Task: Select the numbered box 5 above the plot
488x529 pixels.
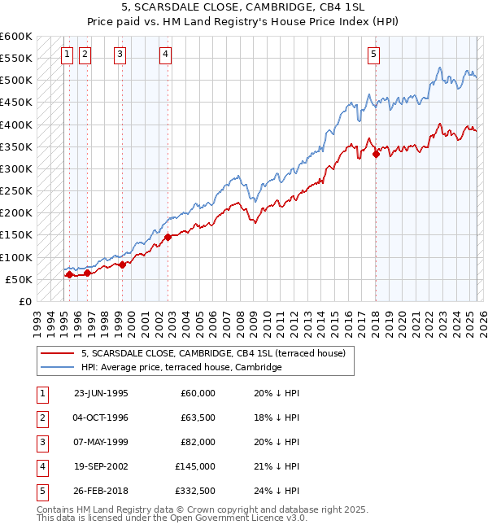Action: (x=373, y=55)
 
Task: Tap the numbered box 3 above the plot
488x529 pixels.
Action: (x=120, y=55)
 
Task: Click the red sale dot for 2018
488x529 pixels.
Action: (x=376, y=154)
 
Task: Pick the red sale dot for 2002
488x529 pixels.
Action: (x=168, y=237)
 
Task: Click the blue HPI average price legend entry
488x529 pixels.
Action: (x=181, y=367)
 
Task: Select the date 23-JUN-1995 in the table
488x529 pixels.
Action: (x=101, y=393)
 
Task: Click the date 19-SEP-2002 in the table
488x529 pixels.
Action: (x=101, y=466)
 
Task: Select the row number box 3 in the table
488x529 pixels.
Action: (x=41, y=442)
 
